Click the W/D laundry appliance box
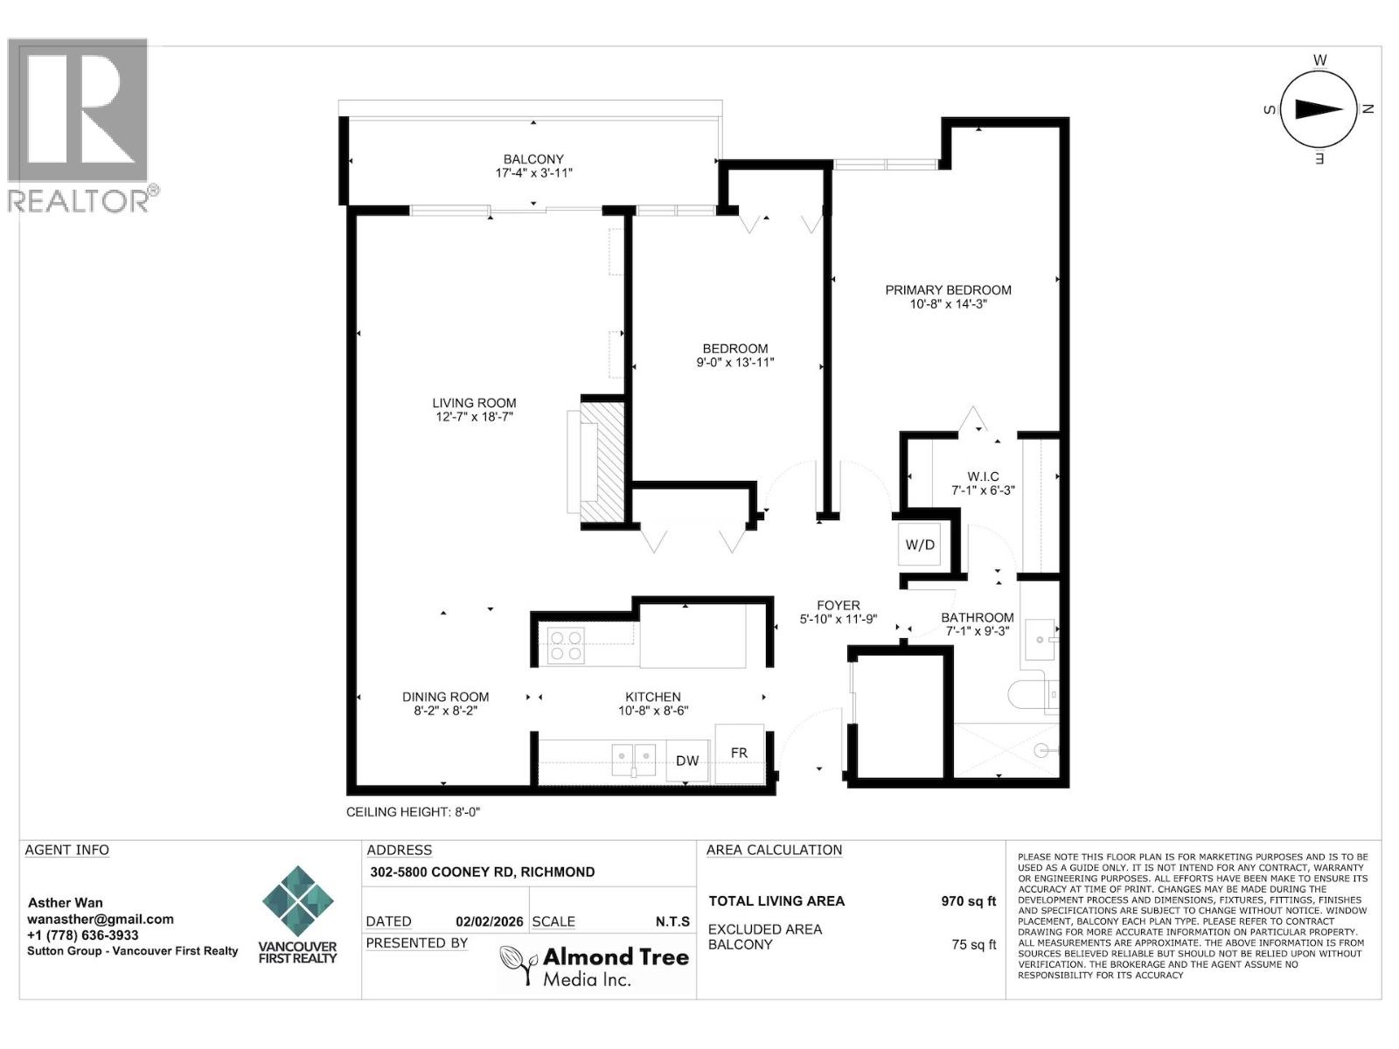coord(919,545)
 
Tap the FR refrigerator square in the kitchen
coord(739,753)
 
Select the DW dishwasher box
coord(687,761)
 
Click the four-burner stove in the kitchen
coord(566,645)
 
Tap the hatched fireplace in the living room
coord(603,462)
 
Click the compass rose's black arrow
coord(1319,108)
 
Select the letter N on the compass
coord(1368,109)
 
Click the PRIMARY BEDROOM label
coord(948,290)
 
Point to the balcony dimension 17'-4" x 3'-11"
coord(533,173)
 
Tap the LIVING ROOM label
coord(474,403)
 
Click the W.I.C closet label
coord(983,476)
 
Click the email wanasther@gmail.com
coord(101,919)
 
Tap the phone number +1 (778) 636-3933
coord(83,934)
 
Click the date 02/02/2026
coord(490,921)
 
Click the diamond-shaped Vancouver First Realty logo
coord(298,901)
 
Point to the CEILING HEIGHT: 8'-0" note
coord(414,812)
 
